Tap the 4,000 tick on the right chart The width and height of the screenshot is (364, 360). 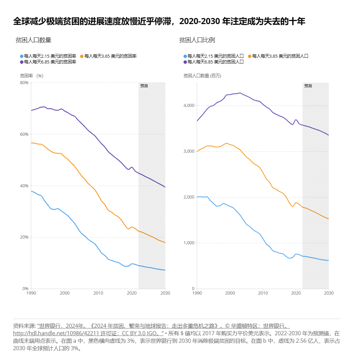[x=189, y=106]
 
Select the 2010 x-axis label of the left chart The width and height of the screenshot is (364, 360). [x=98, y=293]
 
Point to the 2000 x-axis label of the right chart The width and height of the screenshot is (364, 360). [x=230, y=293]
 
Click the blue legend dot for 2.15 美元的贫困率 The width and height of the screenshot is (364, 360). [x=22, y=56]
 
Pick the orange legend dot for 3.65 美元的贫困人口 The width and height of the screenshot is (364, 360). [x=250, y=56]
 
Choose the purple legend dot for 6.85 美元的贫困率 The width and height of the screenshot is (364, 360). [x=22, y=62]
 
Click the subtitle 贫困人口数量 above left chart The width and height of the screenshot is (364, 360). [x=33, y=40]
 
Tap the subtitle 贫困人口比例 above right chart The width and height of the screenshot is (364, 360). [x=197, y=40]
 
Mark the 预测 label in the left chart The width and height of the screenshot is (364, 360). [x=144, y=86]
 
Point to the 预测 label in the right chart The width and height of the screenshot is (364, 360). [x=308, y=86]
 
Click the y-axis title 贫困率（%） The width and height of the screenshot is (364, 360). [x=32, y=76]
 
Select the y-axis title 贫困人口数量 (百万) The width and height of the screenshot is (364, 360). [x=202, y=76]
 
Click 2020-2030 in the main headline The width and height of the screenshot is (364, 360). [x=199, y=22]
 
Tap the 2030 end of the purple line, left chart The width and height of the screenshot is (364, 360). [x=165, y=187]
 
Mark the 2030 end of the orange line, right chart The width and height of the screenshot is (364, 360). [x=329, y=219]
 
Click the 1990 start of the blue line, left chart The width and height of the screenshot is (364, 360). [x=31, y=191]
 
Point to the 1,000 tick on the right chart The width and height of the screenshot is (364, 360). [x=189, y=243]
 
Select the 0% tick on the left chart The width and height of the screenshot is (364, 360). [x=25, y=289]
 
